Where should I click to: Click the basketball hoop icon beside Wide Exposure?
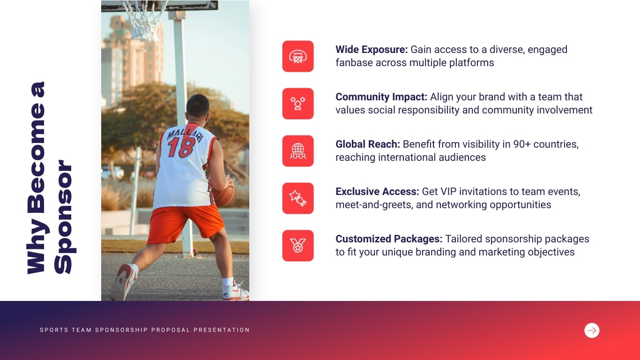(298, 56)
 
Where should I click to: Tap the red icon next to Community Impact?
(298, 104)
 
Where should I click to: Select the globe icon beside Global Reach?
(298, 151)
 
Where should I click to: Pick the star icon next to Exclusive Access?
(298, 198)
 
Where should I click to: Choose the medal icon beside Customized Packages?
(298, 246)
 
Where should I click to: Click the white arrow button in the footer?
(592, 330)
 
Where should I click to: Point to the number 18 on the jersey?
(181, 147)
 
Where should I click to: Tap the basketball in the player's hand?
(225, 193)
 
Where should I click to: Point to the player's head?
(197, 106)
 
